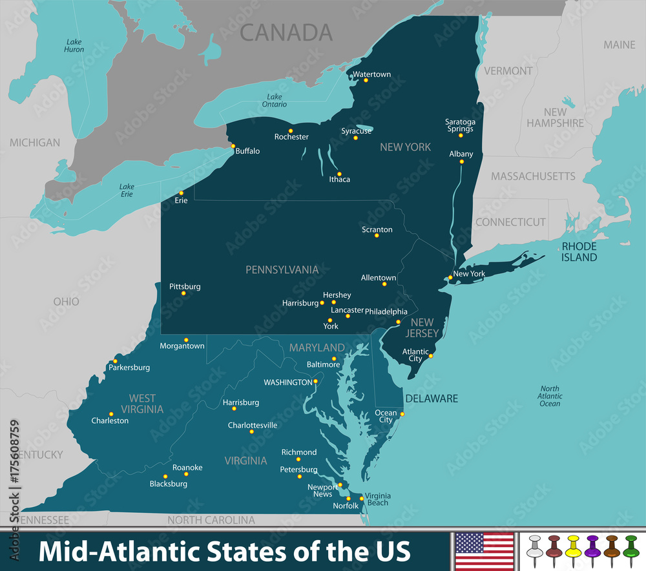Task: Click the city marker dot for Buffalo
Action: (233, 146)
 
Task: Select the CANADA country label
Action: (286, 32)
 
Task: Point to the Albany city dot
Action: (461, 161)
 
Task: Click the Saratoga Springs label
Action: (459, 125)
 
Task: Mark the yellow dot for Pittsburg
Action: (183, 293)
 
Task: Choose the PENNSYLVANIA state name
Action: (282, 269)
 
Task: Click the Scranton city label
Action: (377, 229)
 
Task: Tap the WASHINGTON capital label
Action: (287, 382)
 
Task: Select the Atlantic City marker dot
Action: (431, 355)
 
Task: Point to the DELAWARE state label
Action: (432, 399)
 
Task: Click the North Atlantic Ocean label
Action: (550, 395)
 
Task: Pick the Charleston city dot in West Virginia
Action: (111, 414)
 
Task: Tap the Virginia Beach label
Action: (378, 499)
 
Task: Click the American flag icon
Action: (484, 551)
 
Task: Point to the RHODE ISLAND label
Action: (579, 251)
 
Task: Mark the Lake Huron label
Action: (74, 45)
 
